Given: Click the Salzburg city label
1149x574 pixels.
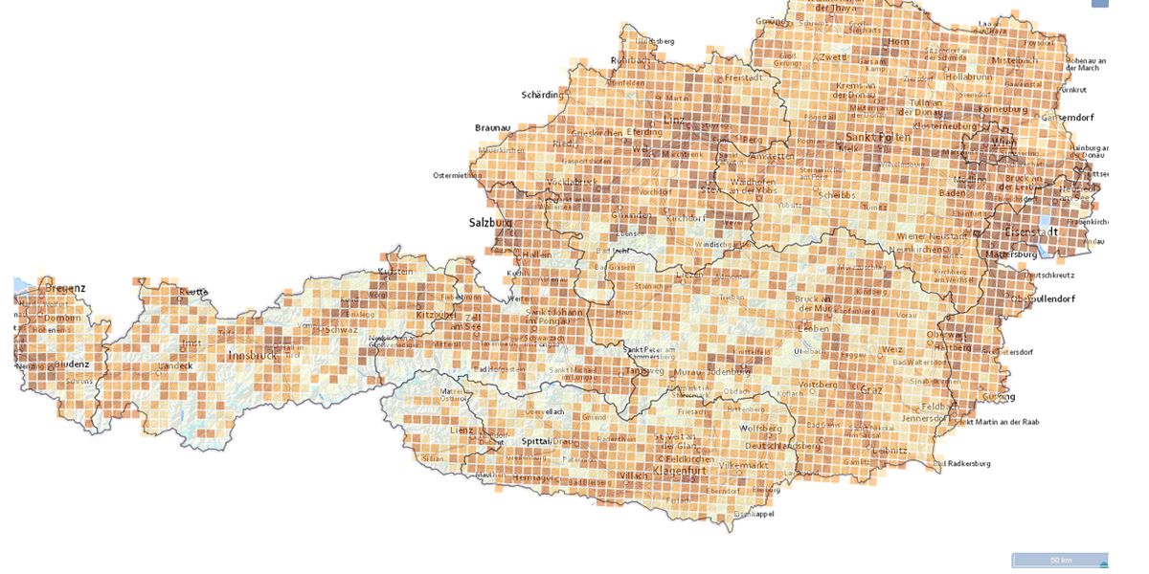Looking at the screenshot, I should coord(490,222).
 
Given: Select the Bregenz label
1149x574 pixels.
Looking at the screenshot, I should coord(65,287).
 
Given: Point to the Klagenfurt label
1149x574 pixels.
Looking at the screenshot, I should coord(679,470).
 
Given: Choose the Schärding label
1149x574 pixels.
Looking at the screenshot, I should coord(543,95).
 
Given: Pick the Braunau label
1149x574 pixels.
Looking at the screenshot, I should coord(493,127).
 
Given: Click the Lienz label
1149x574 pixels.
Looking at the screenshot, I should coord(462,430).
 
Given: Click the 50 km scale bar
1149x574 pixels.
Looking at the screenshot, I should coord(1059,560).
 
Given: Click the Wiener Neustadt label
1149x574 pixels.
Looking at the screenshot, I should coord(933,235).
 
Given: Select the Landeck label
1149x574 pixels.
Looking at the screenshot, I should coord(176,365).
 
